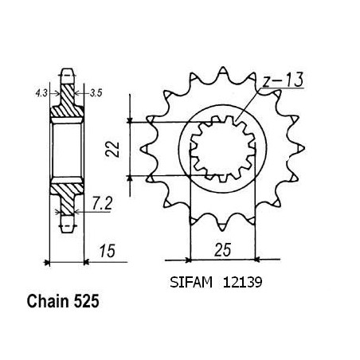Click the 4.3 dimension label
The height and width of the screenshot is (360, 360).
pyautogui.click(x=41, y=93)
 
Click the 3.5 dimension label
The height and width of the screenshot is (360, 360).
pyautogui.click(x=96, y=93)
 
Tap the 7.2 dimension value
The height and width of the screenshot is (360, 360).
pyautogui.click(x=102, y=204)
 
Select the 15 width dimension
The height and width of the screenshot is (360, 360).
pyautogui.click(x=108, y=251)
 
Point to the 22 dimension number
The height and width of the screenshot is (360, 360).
pyautogui.click(x=112, y=149)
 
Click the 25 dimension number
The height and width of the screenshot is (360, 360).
pyautogui.click(x=223, y=249)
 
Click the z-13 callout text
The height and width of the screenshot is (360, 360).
pyautogui.click(x=283, y=80)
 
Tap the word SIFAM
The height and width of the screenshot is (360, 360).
pyautogui.click(x=191, y=282)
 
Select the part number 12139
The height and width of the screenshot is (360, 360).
pyautogui.click(x=242, y=282)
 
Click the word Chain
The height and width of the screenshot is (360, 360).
pyautogui.click(x=48, y=302)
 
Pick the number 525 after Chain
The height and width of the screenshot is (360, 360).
pyautogui.click(x=86, y=302)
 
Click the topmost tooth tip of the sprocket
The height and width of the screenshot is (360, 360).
pyautogui.click(x=223, y=67)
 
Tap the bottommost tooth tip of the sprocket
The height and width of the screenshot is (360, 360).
pyautogui.click(x=222, y=230)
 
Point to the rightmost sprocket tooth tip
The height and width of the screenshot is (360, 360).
pyautogui.click(x=304, y=147)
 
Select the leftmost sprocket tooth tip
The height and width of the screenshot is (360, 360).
pyautogui.click(x=141, y=149)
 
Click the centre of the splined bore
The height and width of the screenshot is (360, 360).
pyautogui.click(x=223, y=149)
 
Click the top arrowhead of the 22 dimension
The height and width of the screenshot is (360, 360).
pyautogui.click(x=130, y=120)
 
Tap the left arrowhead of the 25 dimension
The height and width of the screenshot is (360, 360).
pyautogui.click(x=188, y=260)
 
